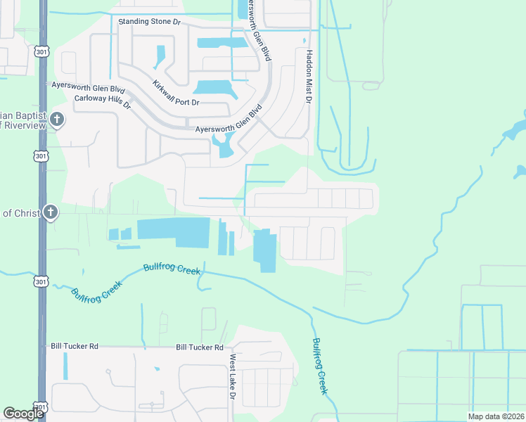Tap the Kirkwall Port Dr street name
pos(176,94)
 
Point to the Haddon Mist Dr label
pos(308,77)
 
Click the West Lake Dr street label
pos(231,376)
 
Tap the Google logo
pos(23,413)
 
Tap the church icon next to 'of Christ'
pos(50,212)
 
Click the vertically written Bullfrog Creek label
pos(319,366)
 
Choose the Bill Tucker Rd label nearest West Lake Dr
pos(199,347)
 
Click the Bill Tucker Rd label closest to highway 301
pos(74,347)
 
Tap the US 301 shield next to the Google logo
pos(41,408)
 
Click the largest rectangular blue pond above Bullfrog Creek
pos(173,231)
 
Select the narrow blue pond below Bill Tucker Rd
pos(66,366)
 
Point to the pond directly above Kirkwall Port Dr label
pos(214,87)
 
